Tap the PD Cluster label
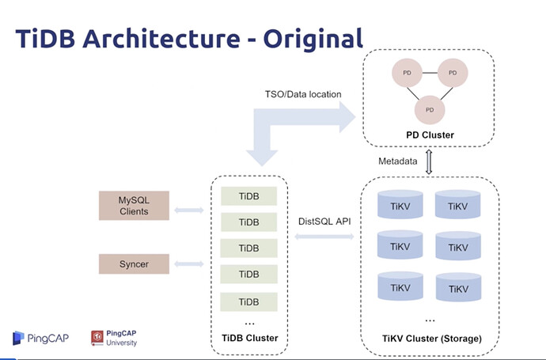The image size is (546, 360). tap(430, 135)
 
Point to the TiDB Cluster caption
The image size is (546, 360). tap(248, 338)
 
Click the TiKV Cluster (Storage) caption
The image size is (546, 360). tap(431, 338)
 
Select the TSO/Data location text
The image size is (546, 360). tap(303, 95)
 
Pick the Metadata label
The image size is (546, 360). tap(398, 161)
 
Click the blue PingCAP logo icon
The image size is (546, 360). tap(19, 339)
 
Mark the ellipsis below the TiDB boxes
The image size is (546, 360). tap(248, 322)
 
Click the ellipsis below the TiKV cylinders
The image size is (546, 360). tap(430, 319)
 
